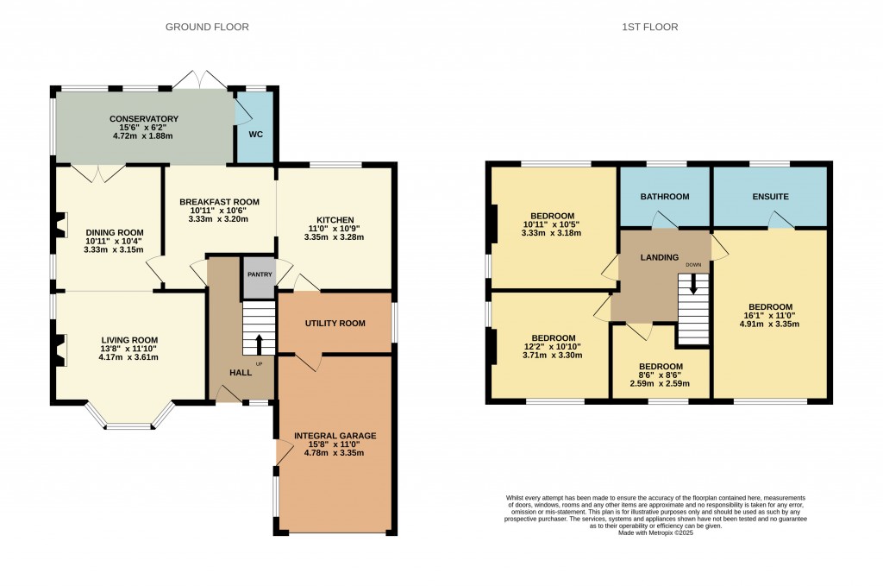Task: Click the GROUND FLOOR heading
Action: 207,27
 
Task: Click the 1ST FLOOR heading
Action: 650,27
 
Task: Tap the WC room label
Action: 255,134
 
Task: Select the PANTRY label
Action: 260,274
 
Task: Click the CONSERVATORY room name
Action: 143,119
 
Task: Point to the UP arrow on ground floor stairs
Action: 259,343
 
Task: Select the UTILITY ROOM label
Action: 335,324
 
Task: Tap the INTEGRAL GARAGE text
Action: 335,436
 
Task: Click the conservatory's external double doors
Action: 200,79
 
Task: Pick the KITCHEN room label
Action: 335,220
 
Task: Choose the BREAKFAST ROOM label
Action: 219,201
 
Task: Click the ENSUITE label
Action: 770,197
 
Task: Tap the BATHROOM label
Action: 664,197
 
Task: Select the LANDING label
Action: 660,257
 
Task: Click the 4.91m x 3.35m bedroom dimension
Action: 770,325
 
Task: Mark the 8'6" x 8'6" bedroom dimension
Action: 661,375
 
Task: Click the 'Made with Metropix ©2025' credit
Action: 655,533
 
